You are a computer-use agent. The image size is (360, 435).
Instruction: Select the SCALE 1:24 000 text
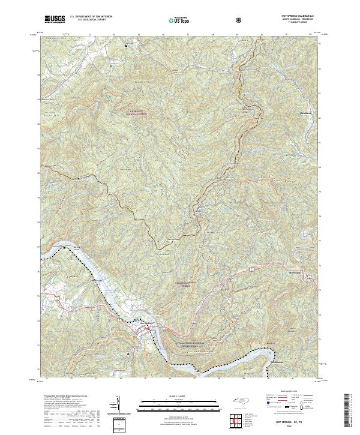click(175, 395)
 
